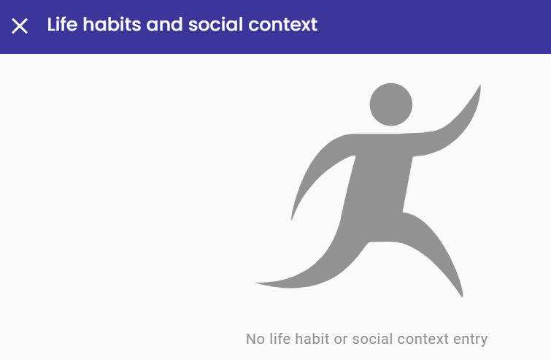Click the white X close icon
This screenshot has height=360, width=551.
[20, 26]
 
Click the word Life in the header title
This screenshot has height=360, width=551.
[62, 24]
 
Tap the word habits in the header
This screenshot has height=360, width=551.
[112, 24]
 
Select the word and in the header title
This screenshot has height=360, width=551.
[164, 24]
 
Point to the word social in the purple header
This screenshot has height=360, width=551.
[215, 24]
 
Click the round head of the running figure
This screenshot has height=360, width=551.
[390, 104]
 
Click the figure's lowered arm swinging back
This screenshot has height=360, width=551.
[316, 169]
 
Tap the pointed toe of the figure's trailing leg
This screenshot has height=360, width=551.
[256, 283]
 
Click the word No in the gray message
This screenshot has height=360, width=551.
[255, 340]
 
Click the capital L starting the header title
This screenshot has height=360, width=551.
[52, 24]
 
